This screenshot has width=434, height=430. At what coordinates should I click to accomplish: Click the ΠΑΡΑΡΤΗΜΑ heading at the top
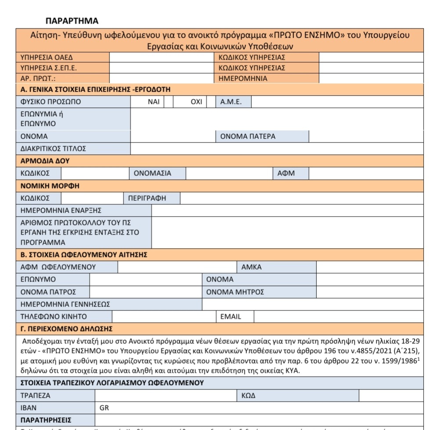[x=72, y=21]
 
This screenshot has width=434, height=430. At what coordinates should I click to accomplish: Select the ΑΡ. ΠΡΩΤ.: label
[x=38, y=79]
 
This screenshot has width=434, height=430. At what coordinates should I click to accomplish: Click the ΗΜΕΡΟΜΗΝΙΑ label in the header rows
[x=243, y=79]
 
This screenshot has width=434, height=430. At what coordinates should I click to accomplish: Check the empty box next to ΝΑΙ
[x=168, y=102]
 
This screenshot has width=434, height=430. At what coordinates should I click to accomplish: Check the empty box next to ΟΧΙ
[x=211, y=102]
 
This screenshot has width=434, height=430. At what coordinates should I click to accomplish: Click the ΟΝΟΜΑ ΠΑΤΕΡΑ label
[x=248, y=136]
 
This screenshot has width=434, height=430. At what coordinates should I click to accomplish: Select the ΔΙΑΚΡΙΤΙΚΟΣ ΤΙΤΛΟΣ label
[x=53, y=149]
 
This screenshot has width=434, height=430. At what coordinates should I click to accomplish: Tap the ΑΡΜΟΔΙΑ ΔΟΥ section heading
[x=45, y=161]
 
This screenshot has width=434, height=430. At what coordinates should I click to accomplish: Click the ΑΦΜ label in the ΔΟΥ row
[x=286, y=173]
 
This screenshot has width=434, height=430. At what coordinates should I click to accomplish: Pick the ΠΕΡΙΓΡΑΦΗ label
[x=147, y=198]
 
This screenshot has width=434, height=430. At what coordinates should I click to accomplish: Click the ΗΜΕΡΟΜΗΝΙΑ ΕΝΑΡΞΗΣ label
[x=61, y=211]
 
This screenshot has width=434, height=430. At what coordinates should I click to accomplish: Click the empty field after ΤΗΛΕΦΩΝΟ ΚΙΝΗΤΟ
[x=163, y=316]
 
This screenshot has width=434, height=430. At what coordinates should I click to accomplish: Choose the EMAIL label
[x=231, y=316]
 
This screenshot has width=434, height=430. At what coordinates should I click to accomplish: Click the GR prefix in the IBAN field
[x=105, y=408]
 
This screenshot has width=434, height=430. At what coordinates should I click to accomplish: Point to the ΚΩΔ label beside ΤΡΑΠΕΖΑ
[x=249, y=395]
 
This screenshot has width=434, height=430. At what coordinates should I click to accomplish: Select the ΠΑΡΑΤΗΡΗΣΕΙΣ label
[x=46, y=420]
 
